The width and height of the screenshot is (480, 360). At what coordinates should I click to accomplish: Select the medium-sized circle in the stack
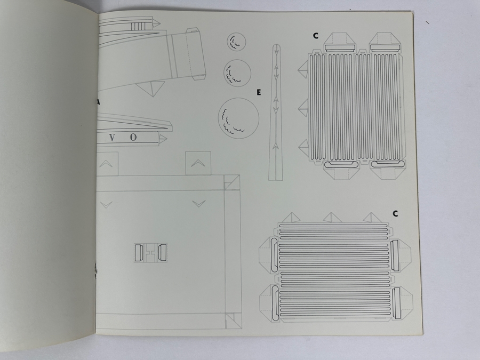[x=237, y=71]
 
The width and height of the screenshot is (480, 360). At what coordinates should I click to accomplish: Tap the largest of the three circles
[x=238, y=118]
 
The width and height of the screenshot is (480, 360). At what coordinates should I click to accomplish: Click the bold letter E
[x=258, y=93]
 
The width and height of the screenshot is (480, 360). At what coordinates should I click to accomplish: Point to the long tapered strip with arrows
[x=277, y=112]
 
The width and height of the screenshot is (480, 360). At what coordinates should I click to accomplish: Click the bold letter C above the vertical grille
[x=316, y=36]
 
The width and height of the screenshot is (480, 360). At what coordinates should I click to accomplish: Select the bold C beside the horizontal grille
[x=395, y=214]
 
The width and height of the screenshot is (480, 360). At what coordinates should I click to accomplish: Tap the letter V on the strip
[x=112, y=138]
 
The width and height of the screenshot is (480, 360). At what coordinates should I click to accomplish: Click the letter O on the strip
[x=133, y=138]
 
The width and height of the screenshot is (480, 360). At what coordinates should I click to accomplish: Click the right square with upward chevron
[x=198, y=163]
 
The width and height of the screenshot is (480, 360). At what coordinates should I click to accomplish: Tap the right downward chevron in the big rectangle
[x=198, y=203]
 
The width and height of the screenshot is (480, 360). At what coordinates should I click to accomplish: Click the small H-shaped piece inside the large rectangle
[x=150, y=252]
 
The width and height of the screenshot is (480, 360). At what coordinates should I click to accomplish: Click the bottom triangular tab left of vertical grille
[x=303, y=146]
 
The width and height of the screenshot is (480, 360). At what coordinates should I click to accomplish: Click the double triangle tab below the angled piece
[x=151, y=88]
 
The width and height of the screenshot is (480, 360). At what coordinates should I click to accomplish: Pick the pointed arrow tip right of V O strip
[x=164, y=139]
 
